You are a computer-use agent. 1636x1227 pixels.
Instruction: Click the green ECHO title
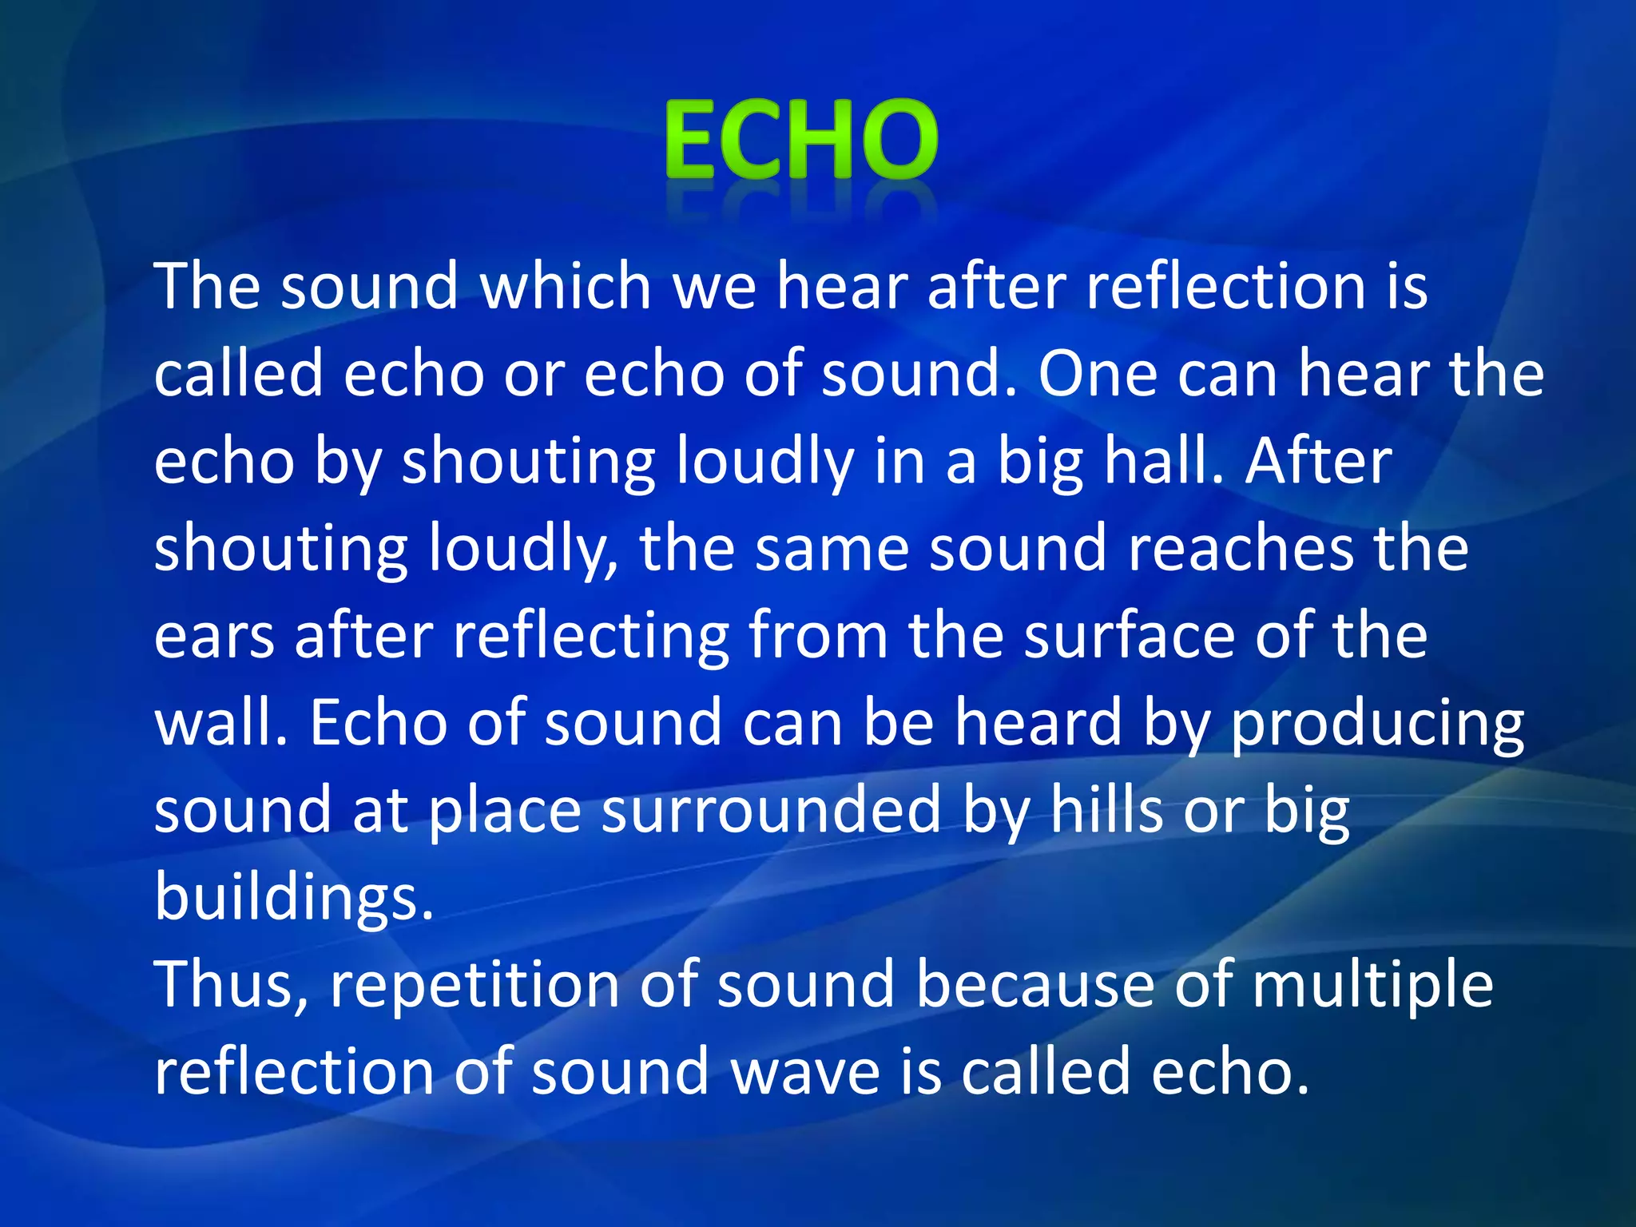coord(800,139)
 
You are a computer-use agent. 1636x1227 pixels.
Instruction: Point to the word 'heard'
coord(1039,723)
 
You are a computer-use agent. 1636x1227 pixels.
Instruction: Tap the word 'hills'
coord(1106,810)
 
